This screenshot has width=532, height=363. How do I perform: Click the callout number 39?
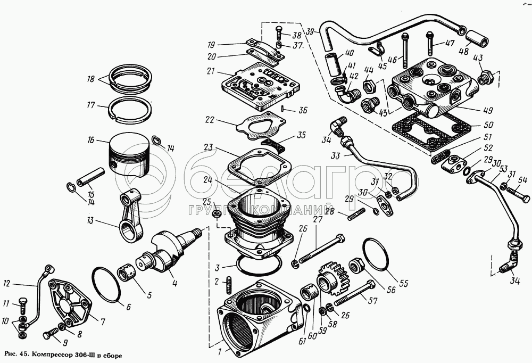tap(311, 31)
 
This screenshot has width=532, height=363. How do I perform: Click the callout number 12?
tap(7, 283)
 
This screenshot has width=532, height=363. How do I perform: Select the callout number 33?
tap(335, 156)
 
